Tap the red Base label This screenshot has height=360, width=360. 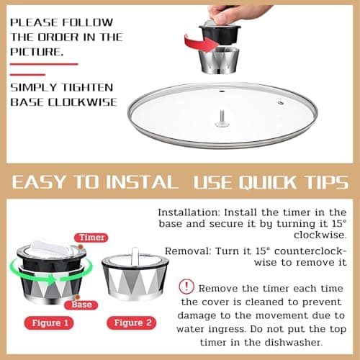pos(79,305)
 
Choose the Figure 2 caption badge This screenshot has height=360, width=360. pos(132,322)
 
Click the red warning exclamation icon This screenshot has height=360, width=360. pos(186,287)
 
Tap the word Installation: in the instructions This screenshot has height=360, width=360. pos(190,213)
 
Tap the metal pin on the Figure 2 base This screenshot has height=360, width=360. pos(137,257)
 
